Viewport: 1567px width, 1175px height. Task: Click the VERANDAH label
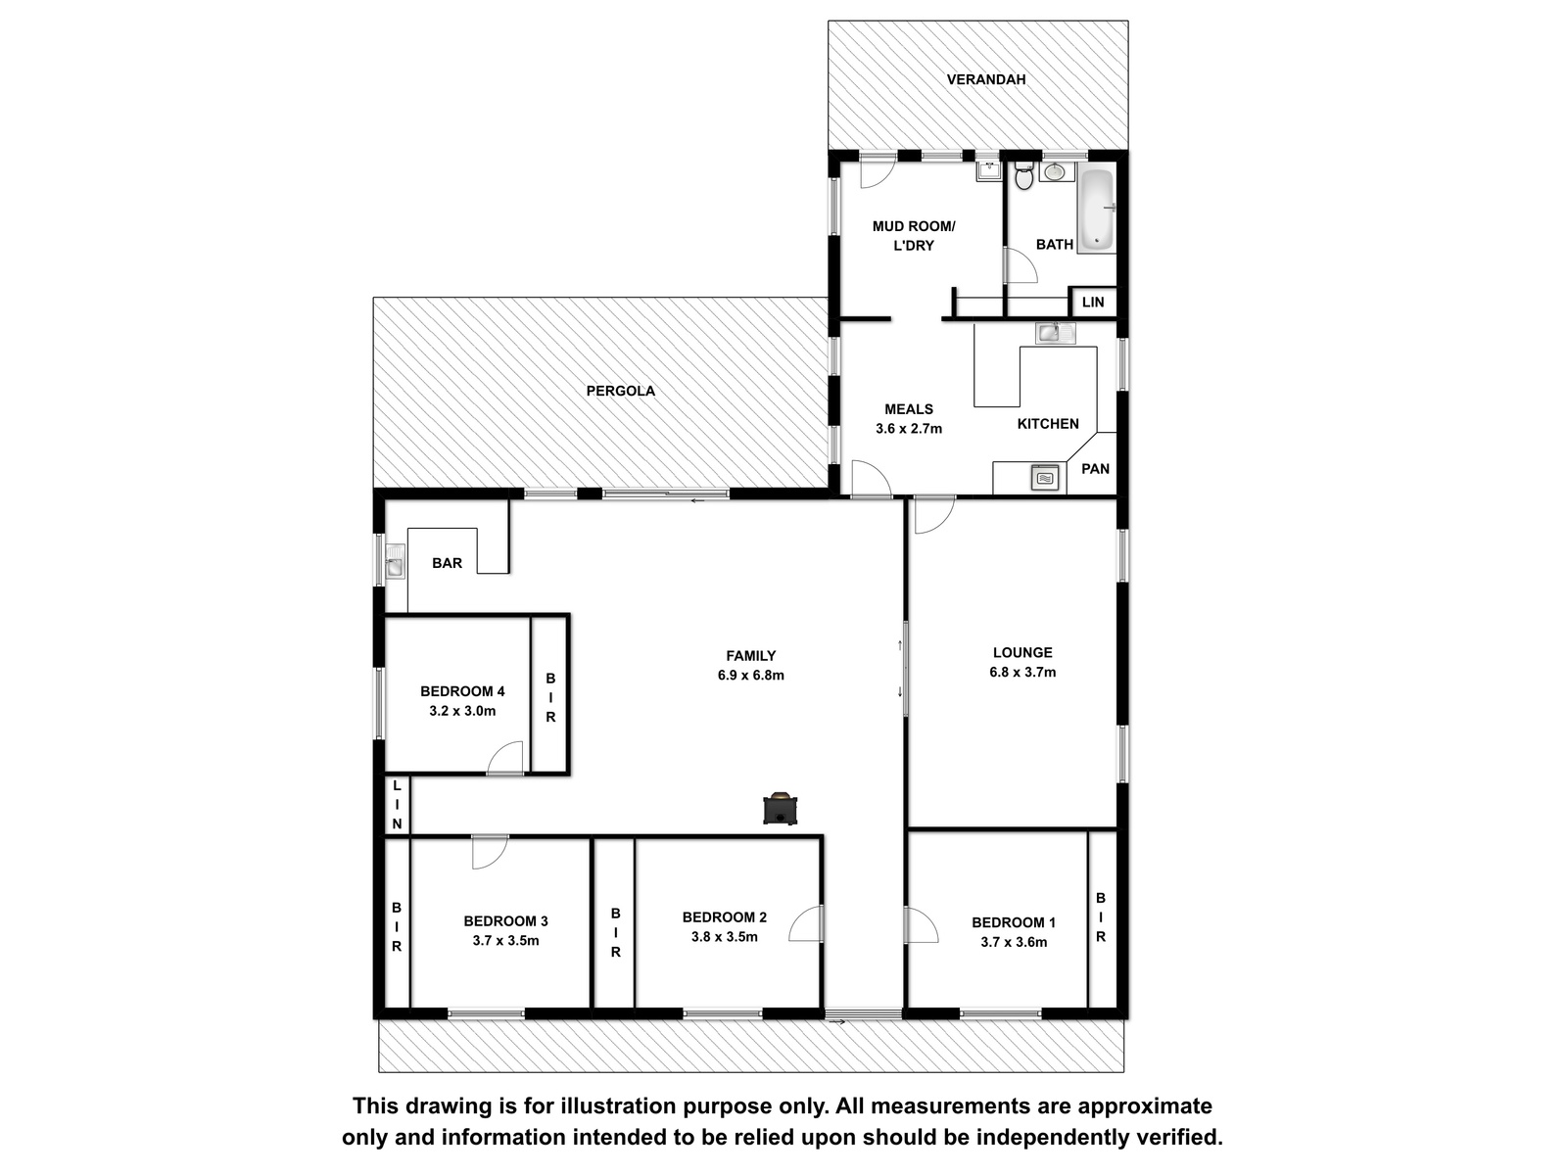click(986, 79)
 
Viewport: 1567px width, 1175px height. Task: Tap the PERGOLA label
click(620, 391)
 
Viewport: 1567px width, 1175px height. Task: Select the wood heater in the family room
click(780, 809)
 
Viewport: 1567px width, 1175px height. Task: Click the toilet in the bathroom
click(1023, 175)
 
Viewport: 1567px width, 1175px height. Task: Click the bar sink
click(394, 561)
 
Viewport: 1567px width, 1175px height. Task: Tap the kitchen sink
click(1055, 333)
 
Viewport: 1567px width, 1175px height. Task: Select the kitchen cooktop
click(1044, 477)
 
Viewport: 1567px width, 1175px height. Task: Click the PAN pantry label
click(1095, 469)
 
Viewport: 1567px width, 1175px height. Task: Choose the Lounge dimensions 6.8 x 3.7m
click(1022, 672)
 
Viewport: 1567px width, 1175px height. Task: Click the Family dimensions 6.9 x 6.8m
click(751, 675)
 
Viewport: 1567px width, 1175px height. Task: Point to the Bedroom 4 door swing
click(505, 759)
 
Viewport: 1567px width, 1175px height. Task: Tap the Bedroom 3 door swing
click(490, 851)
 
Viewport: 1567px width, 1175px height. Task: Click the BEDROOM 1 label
click(1014, 922)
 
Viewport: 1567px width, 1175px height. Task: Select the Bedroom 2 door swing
click(807, 923)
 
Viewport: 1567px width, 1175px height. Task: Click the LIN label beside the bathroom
click(1093, 302)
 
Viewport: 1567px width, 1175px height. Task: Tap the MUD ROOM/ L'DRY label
click(914, 235)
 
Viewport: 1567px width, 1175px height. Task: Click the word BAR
click(447, 563)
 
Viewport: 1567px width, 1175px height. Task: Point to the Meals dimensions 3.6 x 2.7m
click(909, 429)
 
